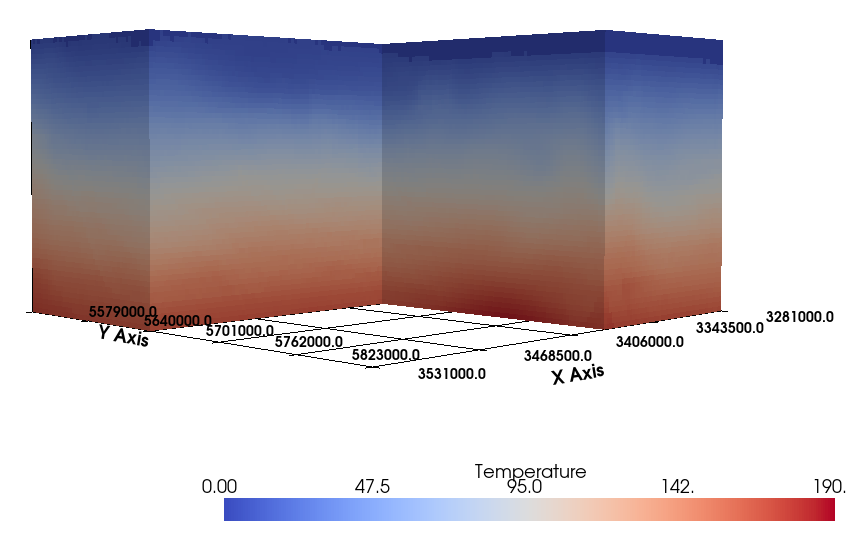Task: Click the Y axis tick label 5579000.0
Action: (123, 311)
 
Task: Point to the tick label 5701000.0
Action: (240, 330)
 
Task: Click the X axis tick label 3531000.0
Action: (452, 375)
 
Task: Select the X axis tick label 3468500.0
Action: (558, 355)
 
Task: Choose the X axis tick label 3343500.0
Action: (729, 327)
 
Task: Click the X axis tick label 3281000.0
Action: (799, 316)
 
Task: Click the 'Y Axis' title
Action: (123, 336)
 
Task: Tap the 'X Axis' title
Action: (578, 375)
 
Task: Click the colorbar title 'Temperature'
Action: (530, 471)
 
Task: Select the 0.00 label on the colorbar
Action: (219, 487)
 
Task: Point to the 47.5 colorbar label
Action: (372, 487)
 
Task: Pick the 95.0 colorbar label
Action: (525, 487)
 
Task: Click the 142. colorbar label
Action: (678, 487)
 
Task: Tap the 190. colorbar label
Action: (831, 487)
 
